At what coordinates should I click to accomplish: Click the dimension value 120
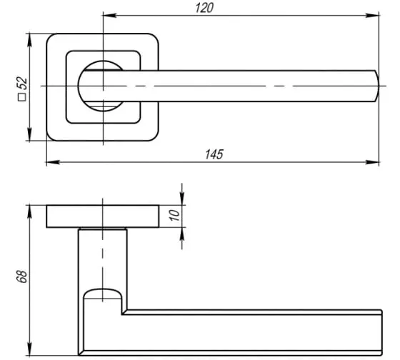point(204,8)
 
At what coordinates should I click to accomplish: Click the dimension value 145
point(214,154)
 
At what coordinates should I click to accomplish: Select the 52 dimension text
point(23,83)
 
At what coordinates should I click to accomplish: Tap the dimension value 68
point(22,276)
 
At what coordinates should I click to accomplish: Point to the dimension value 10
point(175,215)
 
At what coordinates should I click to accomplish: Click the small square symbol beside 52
point(22,97)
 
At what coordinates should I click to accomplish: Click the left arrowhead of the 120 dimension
point(110,16)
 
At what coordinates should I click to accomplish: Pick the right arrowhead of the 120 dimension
point(372,16)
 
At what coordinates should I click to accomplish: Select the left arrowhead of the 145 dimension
point(53,162)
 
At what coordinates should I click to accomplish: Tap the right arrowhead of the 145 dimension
point(372,162)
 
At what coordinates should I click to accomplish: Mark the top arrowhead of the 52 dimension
point(29,40)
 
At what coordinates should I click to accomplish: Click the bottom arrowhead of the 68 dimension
point(29,349)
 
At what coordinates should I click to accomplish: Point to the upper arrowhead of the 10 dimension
point(182,199)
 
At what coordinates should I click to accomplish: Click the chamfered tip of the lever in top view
point(376,86)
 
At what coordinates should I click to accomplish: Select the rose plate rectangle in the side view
point(103,216)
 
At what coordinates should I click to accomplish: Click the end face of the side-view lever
point(381,332)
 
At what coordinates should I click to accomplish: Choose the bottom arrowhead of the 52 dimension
point(29,134)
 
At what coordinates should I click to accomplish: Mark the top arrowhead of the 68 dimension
point(29,211)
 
